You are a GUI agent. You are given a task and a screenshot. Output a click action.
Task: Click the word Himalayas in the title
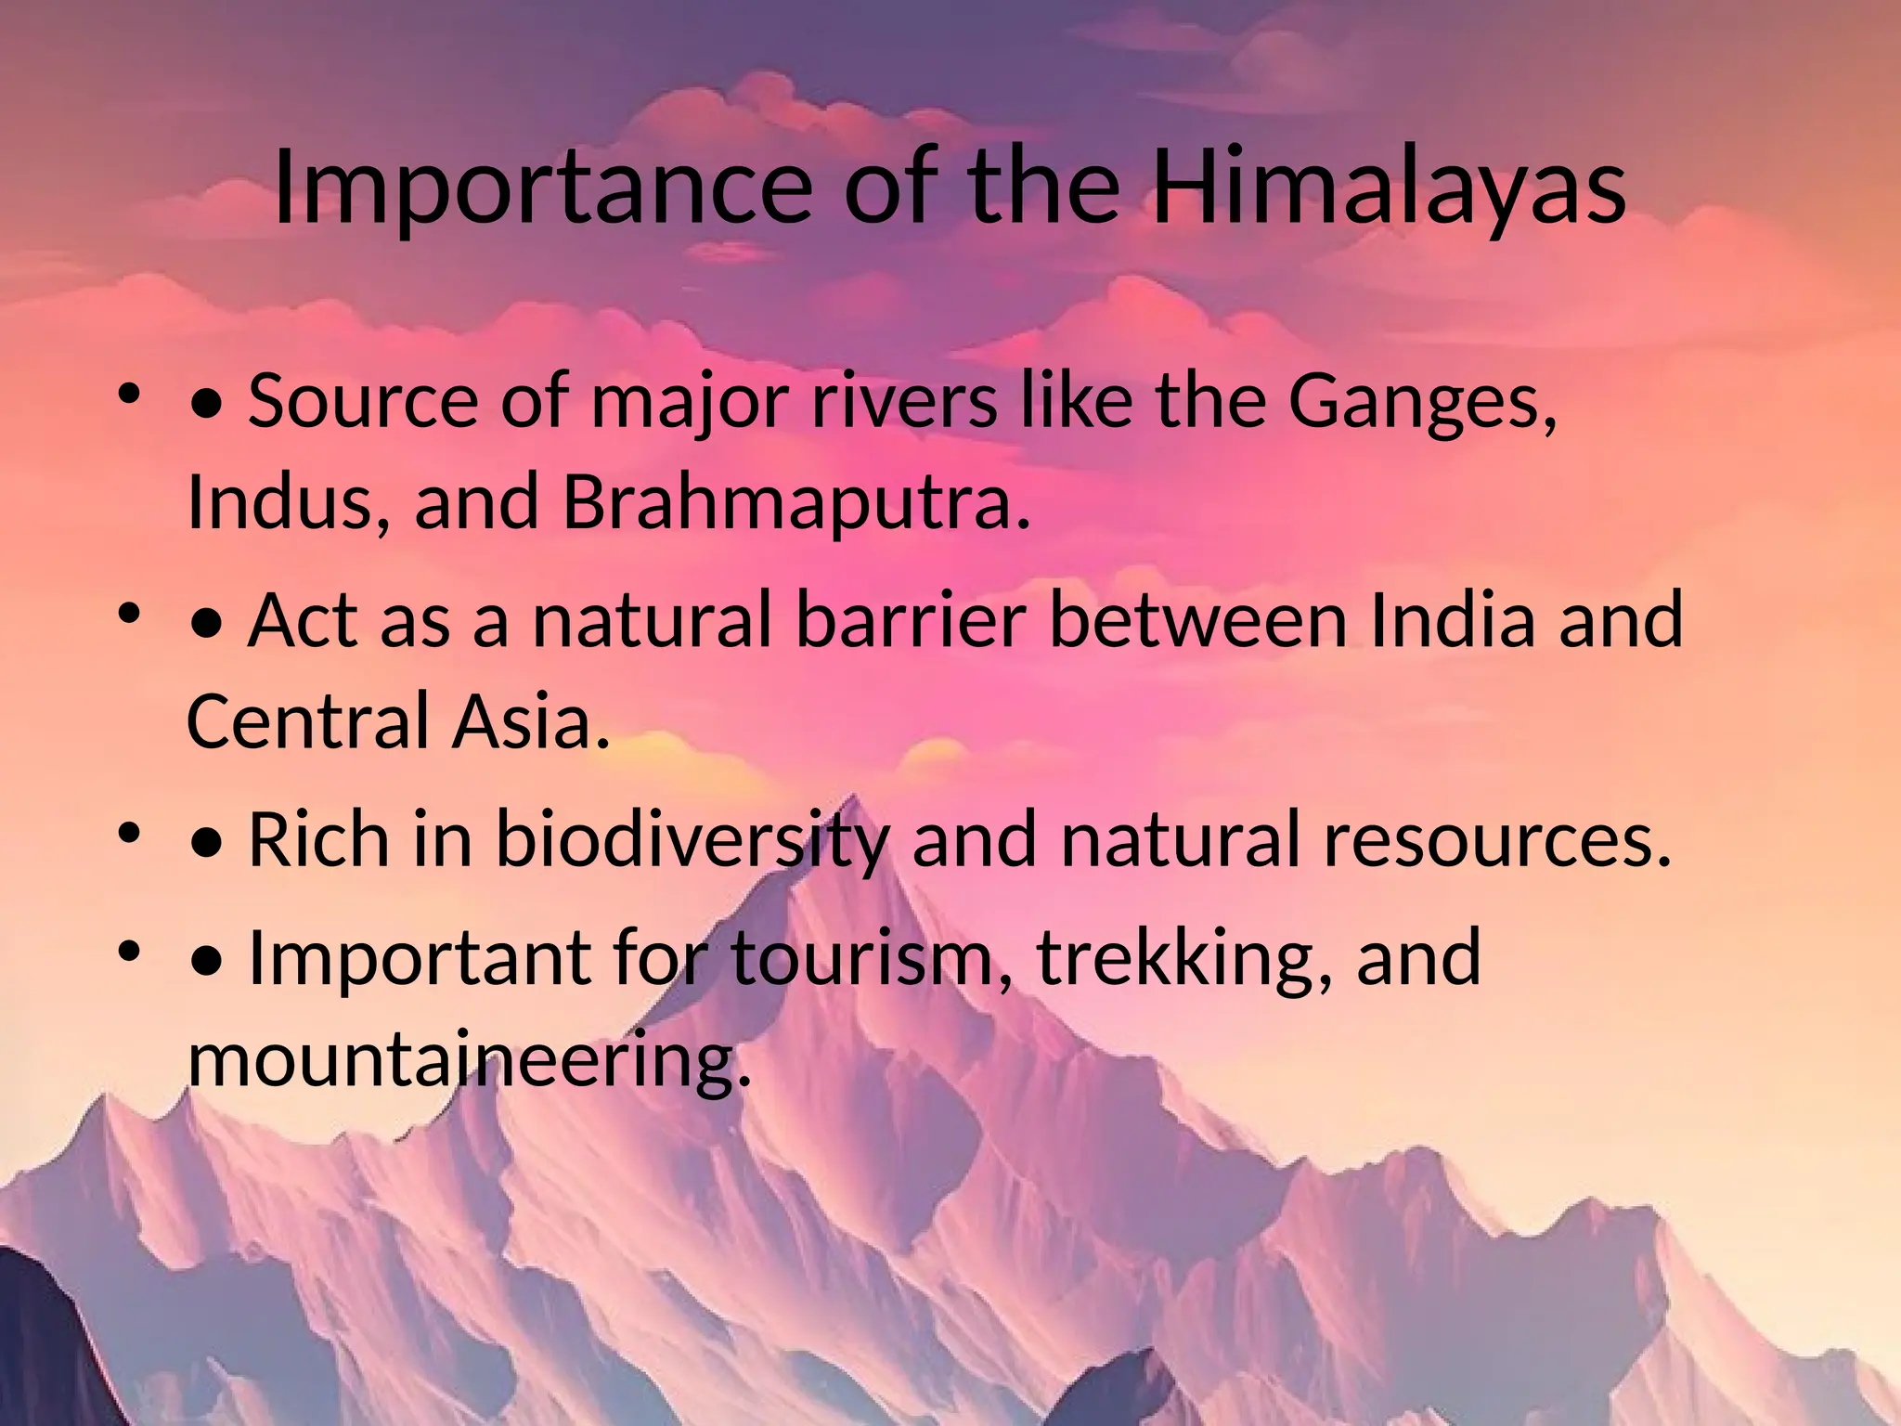(x=1388, y=188)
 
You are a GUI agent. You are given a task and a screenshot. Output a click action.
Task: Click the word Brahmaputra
(x=796, y=502)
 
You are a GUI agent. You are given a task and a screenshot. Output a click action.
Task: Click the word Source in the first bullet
(x=362, y=401)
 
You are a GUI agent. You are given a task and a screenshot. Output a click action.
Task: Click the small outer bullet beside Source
(x=128, y=395)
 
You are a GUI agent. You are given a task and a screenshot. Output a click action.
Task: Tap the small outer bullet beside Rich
(x=128, y=833)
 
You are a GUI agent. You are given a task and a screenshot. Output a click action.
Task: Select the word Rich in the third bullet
(x=318, y=839)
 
